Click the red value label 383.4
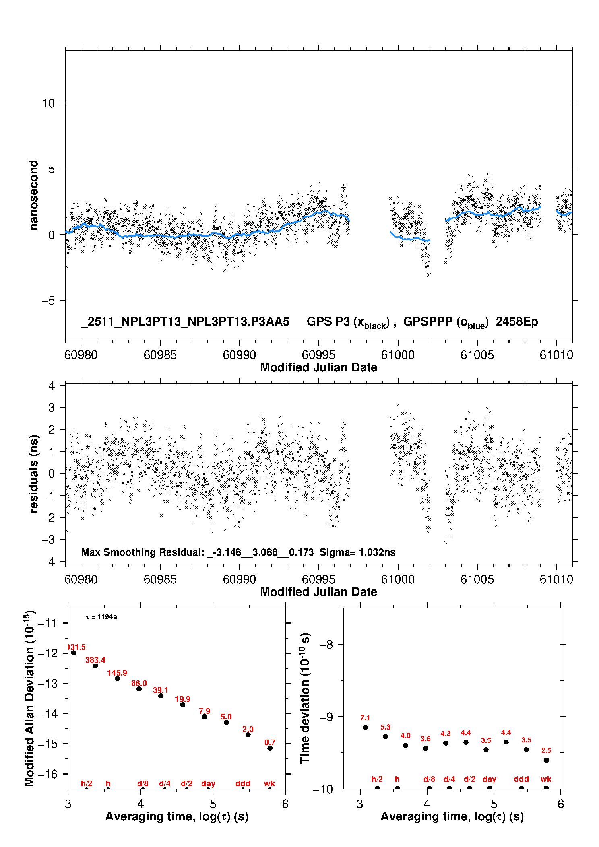[95, 660]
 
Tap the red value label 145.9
[117, 673]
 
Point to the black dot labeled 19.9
[183, 705]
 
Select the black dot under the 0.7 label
[270, 748]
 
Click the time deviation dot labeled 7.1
[365, 727]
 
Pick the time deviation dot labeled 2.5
[546, 760]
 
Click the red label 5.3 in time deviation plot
[385, 727]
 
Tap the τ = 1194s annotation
[101, 617]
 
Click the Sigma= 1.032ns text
[357, 552]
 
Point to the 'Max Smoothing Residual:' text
[143, 552]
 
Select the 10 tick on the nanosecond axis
[48, 103]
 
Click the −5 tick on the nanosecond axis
[48, 301]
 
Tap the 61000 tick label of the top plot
[398, 355]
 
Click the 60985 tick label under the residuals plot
[160, 579]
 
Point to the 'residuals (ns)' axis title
[34, 474]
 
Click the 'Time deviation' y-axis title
[305, 698]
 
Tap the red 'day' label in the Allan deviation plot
[208, 783]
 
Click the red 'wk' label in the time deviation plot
[546, 779]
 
